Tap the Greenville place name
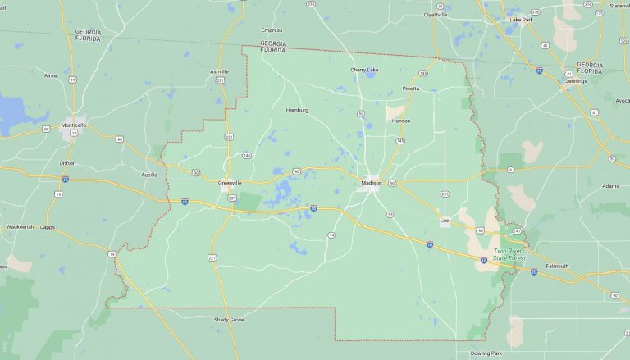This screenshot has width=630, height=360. (x=231, y=182)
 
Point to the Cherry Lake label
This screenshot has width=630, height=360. (x=364, y=70)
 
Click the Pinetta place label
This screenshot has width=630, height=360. (x=410, y=89)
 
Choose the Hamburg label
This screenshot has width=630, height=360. (x=297, y=110)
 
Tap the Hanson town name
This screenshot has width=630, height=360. (x=401, y=121)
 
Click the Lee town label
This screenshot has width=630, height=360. (x=445, y=221)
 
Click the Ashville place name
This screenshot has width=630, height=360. (x=219, y=71)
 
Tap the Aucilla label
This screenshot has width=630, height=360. (x=148, y=175)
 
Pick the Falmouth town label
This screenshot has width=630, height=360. (x=557, y=266)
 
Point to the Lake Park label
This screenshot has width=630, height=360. (x=521, y=19)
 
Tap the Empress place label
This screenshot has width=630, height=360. (x=272, y=30)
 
